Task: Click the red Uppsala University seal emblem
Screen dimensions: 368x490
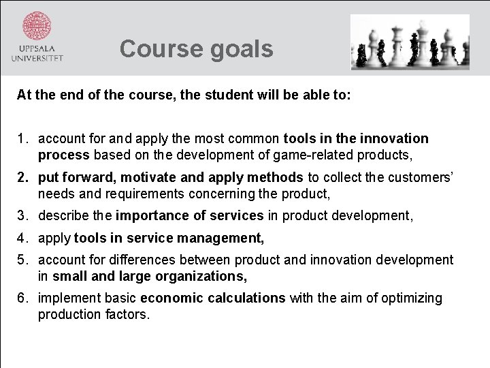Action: pos(37,26)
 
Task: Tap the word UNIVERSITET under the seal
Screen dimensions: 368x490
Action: pos(37,59)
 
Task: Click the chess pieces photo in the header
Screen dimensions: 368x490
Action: pos(410,42)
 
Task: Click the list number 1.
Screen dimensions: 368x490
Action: pos(22,139)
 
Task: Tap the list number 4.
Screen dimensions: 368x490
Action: pos(22,239)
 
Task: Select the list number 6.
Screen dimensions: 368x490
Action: pos(22,298)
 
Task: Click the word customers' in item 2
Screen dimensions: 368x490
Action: pos(423,178)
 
